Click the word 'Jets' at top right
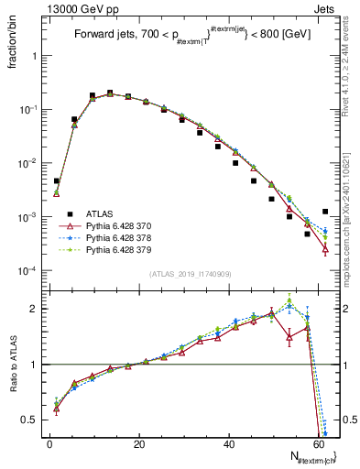(324, 7)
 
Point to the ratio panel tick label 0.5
(32, 420)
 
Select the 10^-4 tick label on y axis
(27, 271)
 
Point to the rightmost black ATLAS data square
(325, 212)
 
